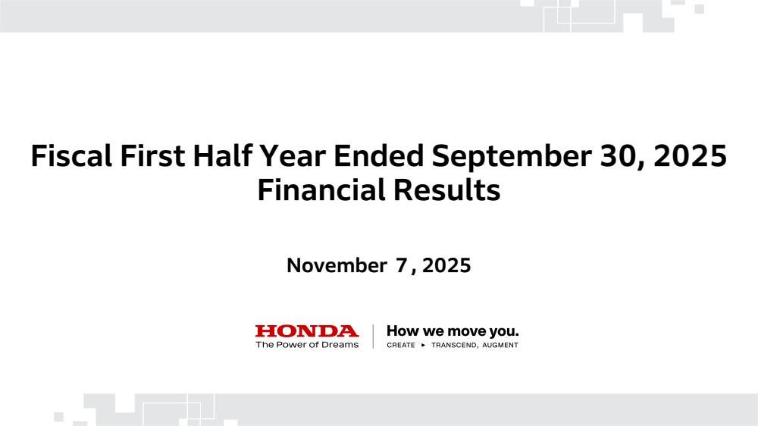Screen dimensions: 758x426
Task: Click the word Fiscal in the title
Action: tap(71, 155)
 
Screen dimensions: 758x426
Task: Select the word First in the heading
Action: tap(152, 155)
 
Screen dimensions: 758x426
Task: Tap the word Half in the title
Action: tap(221, 155)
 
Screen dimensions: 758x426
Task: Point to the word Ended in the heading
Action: tap(378, 155)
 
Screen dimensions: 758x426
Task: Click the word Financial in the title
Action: tap(321, 190)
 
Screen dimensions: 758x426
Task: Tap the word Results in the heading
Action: tap(446, 190)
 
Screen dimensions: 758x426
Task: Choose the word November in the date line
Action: tap(337, 265)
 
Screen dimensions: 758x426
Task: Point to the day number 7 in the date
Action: tap(402, 265)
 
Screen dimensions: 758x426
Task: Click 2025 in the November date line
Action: tap(446, 265)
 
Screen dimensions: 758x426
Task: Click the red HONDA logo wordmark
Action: tap(307, 331)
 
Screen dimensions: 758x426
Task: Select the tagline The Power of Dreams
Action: tap(307, 345)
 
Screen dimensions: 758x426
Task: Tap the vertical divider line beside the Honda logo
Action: tap(373, 337)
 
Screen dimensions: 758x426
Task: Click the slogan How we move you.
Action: tap(453, 331)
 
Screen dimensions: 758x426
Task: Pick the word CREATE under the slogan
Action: tap(401, 345)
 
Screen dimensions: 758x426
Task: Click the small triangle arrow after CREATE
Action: tap(424, 345)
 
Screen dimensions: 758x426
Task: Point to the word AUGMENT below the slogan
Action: tap(500, 345)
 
